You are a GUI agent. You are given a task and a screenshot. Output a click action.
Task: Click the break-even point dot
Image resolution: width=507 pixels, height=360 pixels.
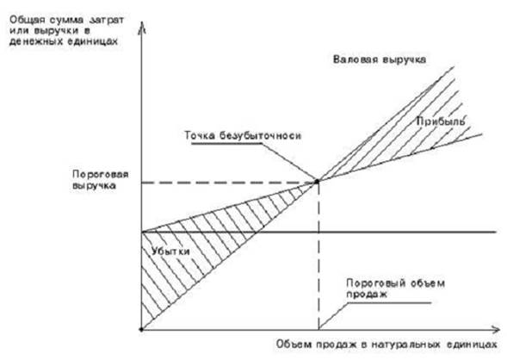point(318,182)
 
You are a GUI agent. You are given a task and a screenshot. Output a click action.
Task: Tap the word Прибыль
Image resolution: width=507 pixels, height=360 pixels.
point(441,121)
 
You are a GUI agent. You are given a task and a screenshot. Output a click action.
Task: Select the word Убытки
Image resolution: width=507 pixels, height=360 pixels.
point(170,251)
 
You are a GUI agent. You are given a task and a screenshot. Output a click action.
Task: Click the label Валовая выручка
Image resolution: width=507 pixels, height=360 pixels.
point(380,59)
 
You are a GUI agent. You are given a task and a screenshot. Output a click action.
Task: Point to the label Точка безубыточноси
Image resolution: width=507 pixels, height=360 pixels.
point(243,135)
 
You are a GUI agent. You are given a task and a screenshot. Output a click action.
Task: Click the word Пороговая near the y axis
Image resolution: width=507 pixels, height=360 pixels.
point(100,175)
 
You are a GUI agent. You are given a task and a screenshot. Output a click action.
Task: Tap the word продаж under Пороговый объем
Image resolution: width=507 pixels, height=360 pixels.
point(367,295)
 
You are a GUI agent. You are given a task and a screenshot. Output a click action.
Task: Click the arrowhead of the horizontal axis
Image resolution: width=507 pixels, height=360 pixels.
point(496,330)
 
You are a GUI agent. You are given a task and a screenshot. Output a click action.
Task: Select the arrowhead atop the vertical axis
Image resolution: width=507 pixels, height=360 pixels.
point(142,27)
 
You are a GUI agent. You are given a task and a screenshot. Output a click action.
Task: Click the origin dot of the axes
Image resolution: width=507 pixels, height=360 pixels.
point(141,330)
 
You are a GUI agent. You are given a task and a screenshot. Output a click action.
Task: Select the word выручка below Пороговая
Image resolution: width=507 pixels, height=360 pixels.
point(94,186)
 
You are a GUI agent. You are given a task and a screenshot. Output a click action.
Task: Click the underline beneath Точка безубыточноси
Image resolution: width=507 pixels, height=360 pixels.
point(226,143)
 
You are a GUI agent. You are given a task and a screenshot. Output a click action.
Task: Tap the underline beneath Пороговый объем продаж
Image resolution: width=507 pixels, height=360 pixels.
point(389,303)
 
